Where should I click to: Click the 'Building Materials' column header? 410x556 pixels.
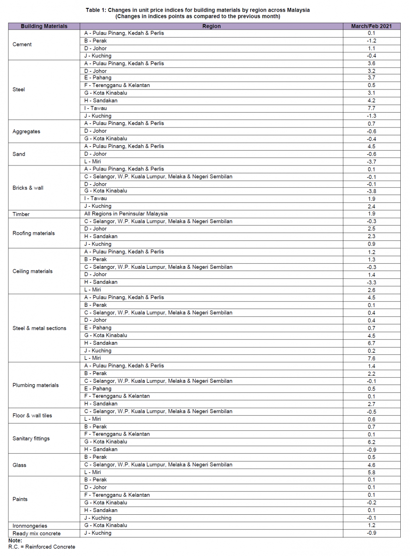tap(44, 26)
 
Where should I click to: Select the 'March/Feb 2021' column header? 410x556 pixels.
tap(371, 26)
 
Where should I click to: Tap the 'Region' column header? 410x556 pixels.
tap(211, 26)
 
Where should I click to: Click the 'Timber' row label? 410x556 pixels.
tap(21, 214)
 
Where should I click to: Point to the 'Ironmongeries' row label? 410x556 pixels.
tap(30, 526)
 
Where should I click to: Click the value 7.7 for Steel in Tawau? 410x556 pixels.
tap(371, 108)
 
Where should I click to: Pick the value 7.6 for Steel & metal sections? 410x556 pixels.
tap(371, 359)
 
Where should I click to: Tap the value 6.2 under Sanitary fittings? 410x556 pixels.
tap(371, 442)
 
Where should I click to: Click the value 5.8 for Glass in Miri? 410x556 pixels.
tap(371, 473)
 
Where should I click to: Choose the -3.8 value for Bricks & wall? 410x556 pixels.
tap(371, 191)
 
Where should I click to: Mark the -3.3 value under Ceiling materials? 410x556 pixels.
tap(371, 283)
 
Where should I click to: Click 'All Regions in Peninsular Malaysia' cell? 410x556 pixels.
tap(126, 214)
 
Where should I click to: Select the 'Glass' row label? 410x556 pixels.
tap(19, 465)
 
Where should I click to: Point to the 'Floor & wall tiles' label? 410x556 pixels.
tap(32, 416)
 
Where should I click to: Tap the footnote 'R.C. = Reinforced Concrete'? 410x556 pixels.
tap(42, 547)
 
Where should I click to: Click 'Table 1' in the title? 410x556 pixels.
tap(96, 10)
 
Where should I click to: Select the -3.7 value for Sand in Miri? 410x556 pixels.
tap(371, 162)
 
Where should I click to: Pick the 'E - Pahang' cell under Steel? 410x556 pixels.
tap(98, 78)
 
